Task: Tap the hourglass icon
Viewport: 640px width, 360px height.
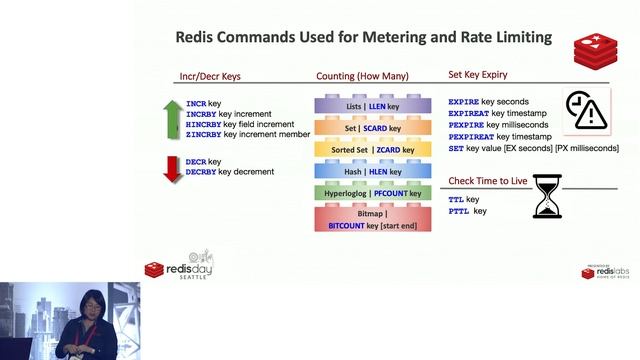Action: (x=547, y=196)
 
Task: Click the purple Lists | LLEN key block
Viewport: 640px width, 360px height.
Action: (x=365, y=104)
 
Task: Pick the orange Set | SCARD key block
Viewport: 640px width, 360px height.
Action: (x=365, y=127)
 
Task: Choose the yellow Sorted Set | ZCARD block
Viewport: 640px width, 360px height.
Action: (x=365, y=150)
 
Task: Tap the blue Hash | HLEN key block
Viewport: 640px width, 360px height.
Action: (x=365, y=172)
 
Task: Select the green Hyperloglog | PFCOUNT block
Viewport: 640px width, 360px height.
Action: (x=365, y=193)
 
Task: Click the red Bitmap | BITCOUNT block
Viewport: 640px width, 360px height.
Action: (x=365, y=219)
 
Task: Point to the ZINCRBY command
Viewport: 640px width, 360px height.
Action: (x=204, y=133)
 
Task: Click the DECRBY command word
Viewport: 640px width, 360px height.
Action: (x=203, y=172)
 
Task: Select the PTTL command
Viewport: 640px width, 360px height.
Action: (x=458, y=211)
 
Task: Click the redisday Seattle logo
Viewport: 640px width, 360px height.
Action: (x=180, y=266)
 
